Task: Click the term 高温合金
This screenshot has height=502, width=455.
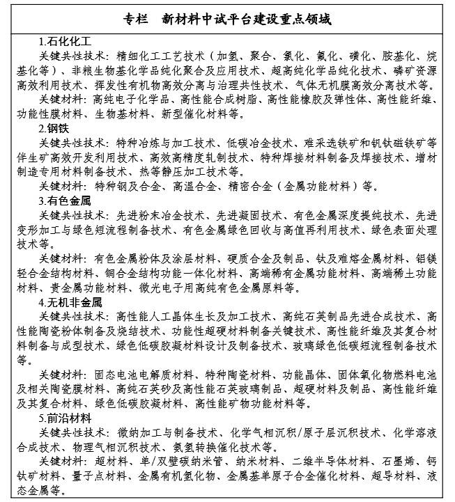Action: [193, 186]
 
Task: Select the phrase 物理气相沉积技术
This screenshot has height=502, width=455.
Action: [114, 447]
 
